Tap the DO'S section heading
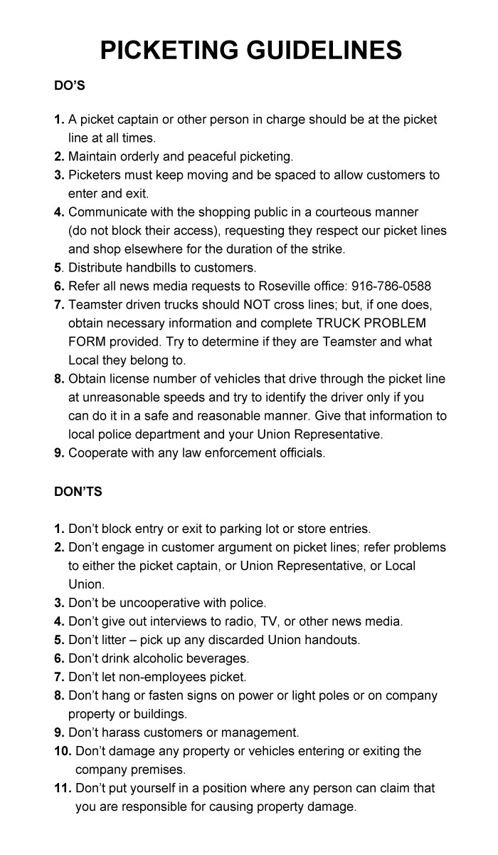(70, 85)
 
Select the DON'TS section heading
(78, 492)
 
